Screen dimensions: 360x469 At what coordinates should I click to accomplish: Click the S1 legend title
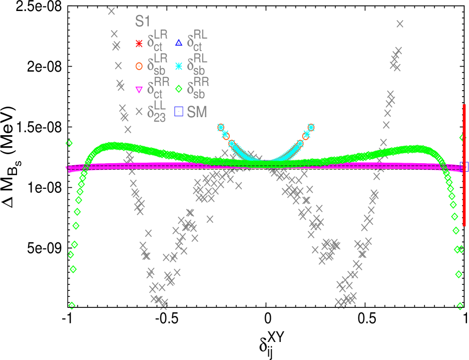143,22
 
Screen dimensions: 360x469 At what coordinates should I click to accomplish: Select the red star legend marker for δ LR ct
139,44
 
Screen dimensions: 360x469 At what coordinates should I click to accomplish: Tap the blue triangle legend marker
179,43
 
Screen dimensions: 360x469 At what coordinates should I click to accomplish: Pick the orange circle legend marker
139,66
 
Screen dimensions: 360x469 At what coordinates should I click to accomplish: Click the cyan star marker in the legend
179,66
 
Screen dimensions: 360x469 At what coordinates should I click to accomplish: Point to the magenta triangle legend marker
139,90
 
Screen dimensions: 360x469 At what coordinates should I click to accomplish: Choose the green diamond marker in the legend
179,90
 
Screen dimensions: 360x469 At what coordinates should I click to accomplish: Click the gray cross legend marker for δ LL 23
139,112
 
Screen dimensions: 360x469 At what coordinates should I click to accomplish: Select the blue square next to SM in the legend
179,112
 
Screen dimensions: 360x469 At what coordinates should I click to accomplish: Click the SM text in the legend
197,112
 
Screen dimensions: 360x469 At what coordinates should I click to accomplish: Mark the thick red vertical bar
464,165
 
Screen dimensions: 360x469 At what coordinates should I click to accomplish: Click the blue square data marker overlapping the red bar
463,166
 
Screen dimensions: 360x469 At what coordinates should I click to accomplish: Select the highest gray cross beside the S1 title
112,11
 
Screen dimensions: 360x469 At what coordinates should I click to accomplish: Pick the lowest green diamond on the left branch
72,305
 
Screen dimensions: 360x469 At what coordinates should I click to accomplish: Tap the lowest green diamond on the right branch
459,306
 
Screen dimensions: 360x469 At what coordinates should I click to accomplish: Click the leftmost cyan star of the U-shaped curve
221,127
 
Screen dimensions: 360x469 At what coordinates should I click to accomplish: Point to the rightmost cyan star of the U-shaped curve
311,127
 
